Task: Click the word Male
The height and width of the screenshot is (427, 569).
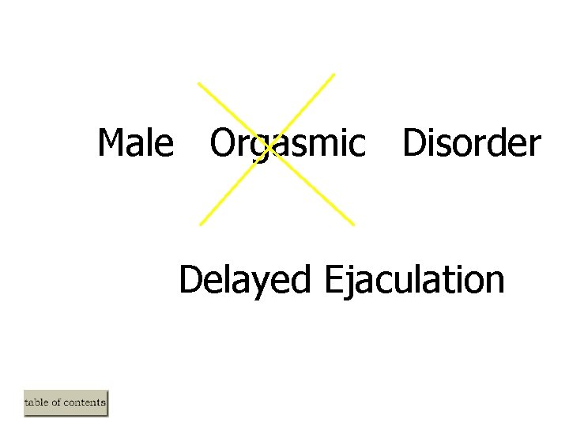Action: tap(135, 144)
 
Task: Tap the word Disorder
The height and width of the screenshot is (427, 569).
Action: tap(471, 144)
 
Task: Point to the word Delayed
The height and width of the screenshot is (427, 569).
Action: tap(244, 281)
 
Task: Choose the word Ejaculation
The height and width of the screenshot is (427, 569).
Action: tap(413, 281)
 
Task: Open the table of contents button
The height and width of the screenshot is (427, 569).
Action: tap(66, 403)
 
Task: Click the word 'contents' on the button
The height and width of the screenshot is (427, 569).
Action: tap(84, 403)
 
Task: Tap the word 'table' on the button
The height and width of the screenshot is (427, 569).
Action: tap(36, 403)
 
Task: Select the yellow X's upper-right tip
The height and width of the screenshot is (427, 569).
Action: tap(333, 74)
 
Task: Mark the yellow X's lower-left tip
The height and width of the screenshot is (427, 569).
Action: tap(201, 224)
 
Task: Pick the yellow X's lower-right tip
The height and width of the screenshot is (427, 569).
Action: tap(353, 224)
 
